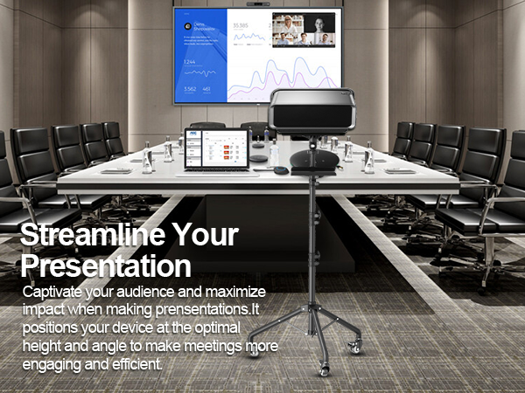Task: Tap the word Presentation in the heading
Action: click(x=105, y=265)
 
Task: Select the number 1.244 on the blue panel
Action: click(x=190, y=61)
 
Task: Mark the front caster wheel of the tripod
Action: click(x=325, y=370)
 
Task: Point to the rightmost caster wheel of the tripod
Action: click(x=355, y=348)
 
